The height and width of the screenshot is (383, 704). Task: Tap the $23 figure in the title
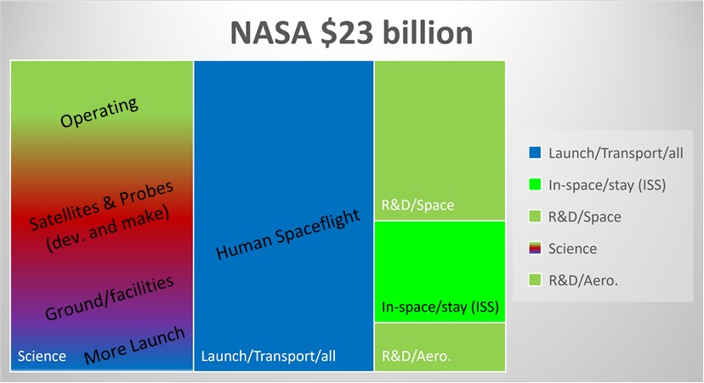(349, 33)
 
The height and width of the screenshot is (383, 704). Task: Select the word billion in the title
(429, 33)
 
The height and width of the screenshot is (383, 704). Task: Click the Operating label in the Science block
(99, 112)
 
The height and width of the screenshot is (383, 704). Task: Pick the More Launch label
(133, 346)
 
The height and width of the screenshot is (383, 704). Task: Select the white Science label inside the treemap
(41, 356)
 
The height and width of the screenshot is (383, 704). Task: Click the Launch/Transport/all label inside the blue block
(269, 356)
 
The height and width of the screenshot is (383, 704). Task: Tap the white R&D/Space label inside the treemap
(417, 205)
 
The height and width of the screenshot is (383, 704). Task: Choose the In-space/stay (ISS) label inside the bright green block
(440, 306)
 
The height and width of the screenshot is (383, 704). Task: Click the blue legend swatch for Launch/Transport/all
(535, 154)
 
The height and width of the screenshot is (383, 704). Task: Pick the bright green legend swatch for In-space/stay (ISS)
(535, 185)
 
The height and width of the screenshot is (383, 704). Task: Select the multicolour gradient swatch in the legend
(535, 249)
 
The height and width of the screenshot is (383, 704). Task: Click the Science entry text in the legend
(573, 249)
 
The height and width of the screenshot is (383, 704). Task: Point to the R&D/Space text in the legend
(585, 217)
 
